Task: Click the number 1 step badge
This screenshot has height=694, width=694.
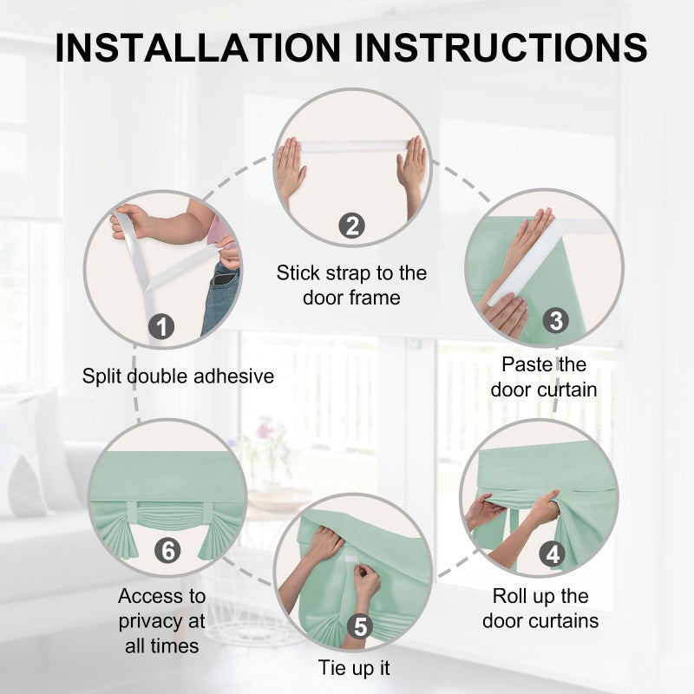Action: click(x=161, y=327)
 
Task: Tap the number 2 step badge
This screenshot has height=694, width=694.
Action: click(x=352, y=226)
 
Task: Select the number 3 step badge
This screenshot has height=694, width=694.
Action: click(x=556, y=320)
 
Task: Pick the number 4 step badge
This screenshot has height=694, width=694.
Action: click(x=553, y=554)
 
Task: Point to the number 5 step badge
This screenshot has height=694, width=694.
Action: click(x=361, y=626)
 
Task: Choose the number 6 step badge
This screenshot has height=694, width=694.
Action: click(x=167, y=550)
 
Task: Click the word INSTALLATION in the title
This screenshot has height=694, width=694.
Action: click(x=198, y=48)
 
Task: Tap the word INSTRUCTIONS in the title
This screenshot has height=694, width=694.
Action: click(x=501, y=48)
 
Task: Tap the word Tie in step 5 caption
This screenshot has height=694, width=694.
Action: click(x=332, y=668)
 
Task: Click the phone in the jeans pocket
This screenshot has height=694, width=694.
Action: click(x=225, y=279)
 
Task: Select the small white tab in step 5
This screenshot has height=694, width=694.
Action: click(x=350, y=560)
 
